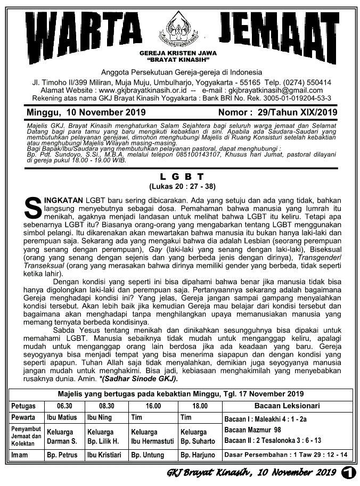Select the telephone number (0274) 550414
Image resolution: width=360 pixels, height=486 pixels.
click(x=298, y=83)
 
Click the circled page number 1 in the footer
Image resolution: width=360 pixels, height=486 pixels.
click(x=349, y=472)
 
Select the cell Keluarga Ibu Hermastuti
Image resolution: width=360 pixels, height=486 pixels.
click(x=149, y=436)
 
